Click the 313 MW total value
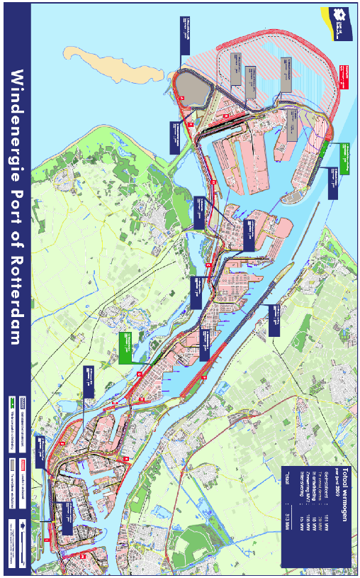point(286,550)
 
